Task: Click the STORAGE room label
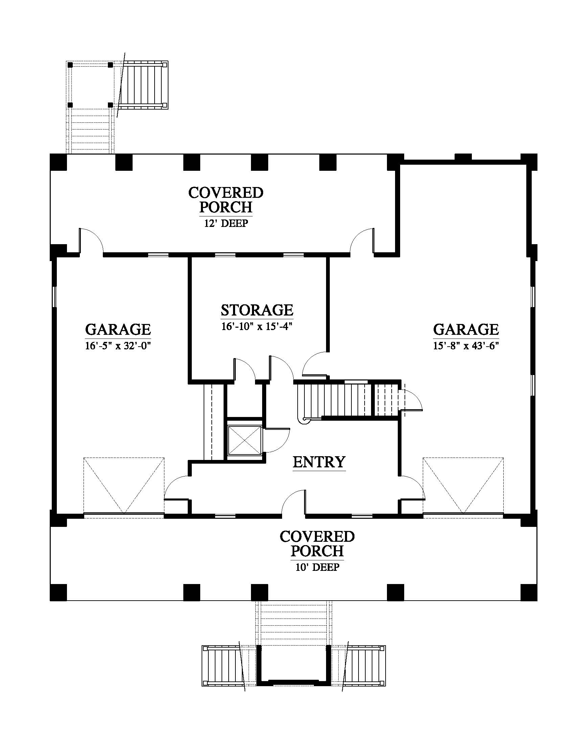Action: tap(257, 310)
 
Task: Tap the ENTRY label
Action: tap(319, 462)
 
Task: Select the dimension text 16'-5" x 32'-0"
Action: tap(118, 346)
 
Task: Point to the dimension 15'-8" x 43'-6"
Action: tap(466, 346)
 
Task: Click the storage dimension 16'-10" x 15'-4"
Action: tap(257, 327)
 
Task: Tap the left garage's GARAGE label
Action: tap(118, 329)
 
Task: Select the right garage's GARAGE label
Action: tap(466, 329)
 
